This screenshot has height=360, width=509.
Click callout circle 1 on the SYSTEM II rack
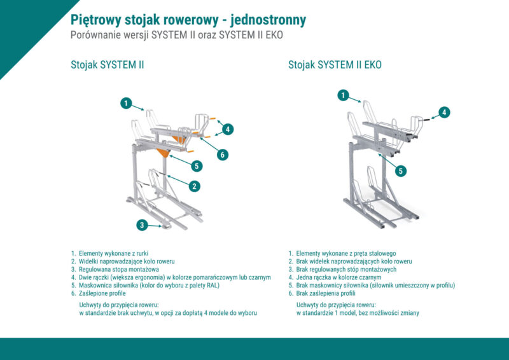tap(127, 102)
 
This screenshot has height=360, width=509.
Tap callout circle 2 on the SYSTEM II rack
tap(194, 186)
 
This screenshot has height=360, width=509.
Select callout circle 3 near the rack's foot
tap(143, 224)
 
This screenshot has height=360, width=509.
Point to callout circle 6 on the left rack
tap(223, 155)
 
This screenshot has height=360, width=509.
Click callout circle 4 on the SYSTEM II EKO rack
tap(445, 112)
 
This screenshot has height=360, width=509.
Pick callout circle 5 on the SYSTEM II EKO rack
tap(400, 170)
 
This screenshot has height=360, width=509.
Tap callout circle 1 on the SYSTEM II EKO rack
tap(344, 95)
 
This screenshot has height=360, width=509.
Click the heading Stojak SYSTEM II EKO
tap(335, 65)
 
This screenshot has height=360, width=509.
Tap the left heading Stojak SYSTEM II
tap(107, 65)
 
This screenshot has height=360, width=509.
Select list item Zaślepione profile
tap(102, 293)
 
